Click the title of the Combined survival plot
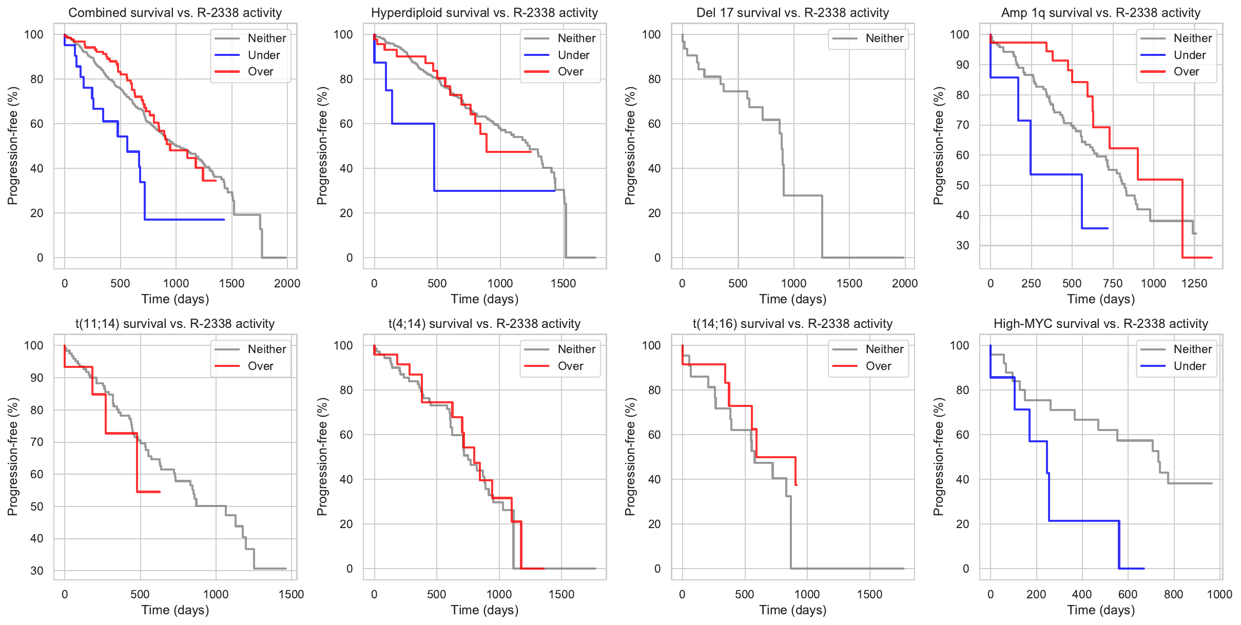[175, 13]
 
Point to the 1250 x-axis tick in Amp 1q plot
[1194, 283]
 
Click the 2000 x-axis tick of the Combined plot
[287, 283]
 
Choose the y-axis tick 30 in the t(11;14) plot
[37, 571]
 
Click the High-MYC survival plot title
[1101, 324]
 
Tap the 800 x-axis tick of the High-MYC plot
[1173, 594]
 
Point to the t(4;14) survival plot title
[484, 324]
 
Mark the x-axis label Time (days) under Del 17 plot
[793, 299]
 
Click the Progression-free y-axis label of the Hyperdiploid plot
[322, 146]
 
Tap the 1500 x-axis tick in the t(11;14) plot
[291, 594]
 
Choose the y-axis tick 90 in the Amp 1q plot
[962, 65]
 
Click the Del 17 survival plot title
[793, 13]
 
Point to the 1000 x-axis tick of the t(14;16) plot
[807, 594]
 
